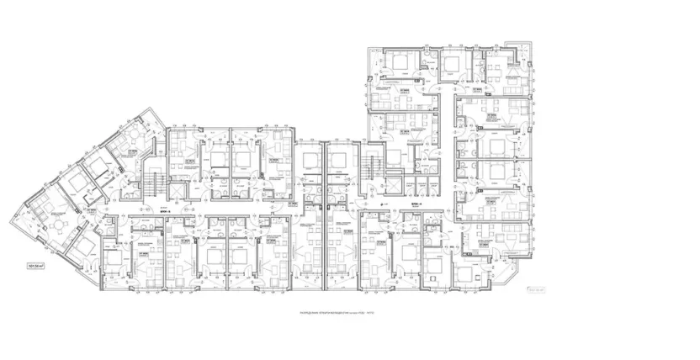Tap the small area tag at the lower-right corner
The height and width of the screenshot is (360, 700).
(535, 290)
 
